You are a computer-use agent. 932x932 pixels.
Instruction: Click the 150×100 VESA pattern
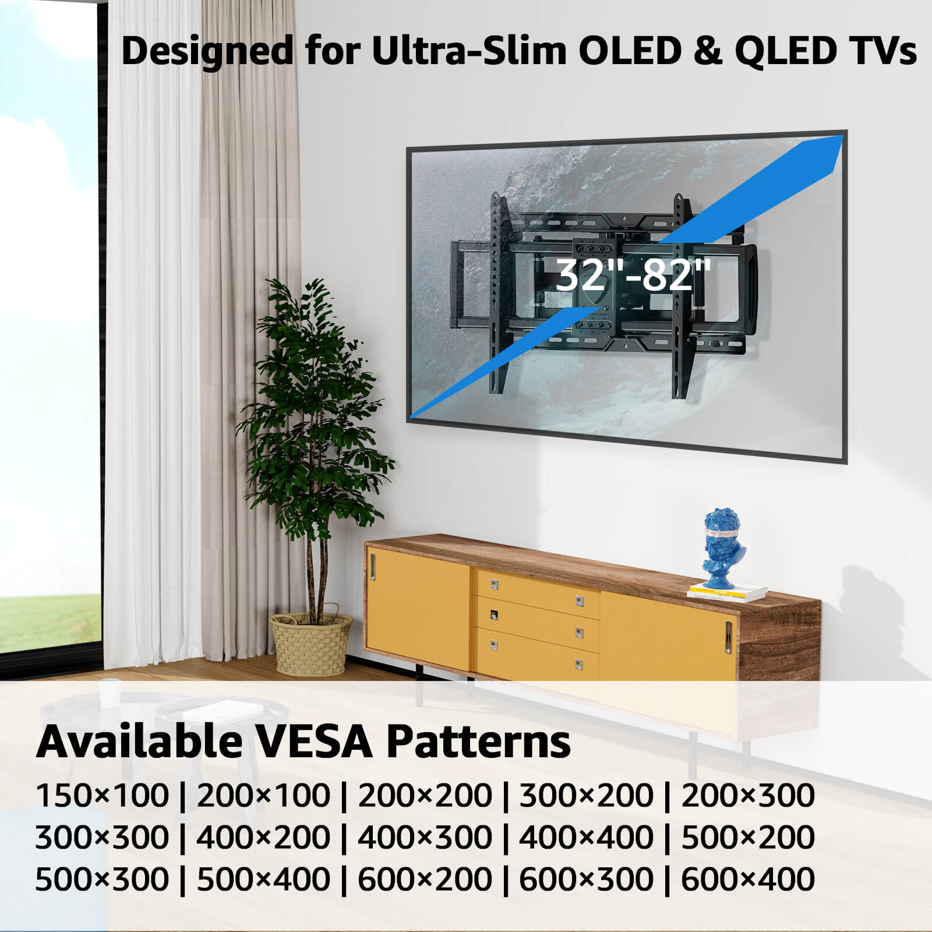(x=102, y=796)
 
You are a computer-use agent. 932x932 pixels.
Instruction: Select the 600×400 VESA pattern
(x=748, y=880)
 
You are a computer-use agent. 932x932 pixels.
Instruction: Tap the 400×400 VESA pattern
(x=586, y=838)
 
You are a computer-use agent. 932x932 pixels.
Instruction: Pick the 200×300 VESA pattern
(x=748, y=796)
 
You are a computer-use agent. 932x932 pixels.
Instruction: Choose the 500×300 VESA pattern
(x=102, y=880)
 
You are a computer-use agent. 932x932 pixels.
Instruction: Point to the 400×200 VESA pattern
(x=263, y=838)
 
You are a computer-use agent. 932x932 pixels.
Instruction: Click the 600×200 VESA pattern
(x=425, y=880)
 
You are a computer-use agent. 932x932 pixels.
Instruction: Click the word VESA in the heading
(x=314, y=741)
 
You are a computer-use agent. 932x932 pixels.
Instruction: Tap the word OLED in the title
(x=630, y=51)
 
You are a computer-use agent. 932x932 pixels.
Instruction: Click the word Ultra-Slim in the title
(x=469, y=51)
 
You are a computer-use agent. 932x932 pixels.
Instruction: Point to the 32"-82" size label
(x=633, y=275)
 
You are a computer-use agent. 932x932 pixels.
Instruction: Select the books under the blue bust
(x=728, y=592)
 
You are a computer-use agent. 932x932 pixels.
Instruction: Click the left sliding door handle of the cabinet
(x=373, y=567)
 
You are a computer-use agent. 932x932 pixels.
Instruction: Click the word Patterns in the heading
(x=478, y=741)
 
